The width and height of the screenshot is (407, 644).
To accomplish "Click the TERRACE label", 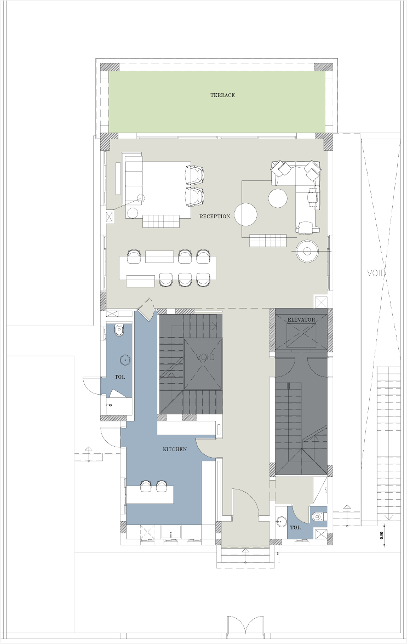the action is click(x=222, y=95).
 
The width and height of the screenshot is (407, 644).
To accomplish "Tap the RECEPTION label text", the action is click(x=215, y=216).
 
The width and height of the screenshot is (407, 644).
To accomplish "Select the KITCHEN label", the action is click(x=175, y=449).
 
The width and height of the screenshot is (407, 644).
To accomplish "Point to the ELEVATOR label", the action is click(x=301, y=320).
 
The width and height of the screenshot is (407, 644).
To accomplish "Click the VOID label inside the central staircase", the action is click(x=205, y=357).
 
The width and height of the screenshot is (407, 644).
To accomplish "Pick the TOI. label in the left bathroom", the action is click(x=120, y=377).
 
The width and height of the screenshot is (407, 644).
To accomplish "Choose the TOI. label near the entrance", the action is click(x=295, y=527).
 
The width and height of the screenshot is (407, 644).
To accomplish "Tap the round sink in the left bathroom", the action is click(x=125, y=360).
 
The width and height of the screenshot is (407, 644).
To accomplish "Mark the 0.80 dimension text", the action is click(x=382, y=535).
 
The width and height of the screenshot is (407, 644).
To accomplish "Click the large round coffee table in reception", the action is click(x=246, y=214).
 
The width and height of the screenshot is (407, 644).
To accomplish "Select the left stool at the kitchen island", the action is click(x=146, y=486).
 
